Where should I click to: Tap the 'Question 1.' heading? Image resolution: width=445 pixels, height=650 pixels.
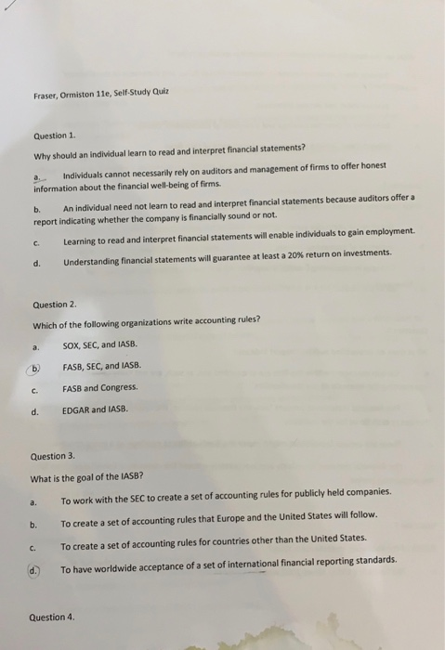54,136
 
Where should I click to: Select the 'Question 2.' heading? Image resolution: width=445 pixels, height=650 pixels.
54,305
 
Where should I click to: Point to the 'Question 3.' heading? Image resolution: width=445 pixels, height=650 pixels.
53,456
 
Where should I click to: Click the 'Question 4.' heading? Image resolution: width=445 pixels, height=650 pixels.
52,617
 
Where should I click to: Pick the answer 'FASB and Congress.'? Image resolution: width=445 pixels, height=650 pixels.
99,387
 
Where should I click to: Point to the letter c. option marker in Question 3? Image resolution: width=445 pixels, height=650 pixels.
33,539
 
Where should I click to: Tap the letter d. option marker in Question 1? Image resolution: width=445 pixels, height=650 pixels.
37,253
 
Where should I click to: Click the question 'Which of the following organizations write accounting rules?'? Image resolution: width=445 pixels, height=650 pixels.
146,323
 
